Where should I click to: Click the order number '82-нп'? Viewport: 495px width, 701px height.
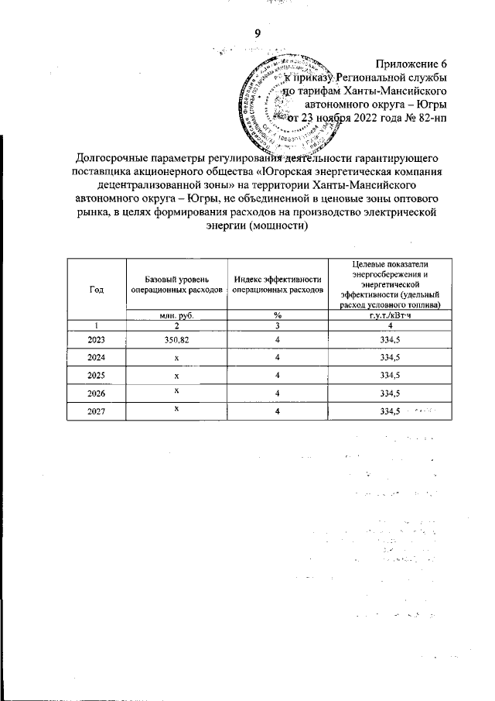(432, 119)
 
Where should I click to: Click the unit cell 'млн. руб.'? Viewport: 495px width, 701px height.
(176, 314)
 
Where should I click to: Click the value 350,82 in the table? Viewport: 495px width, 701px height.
(176, 340)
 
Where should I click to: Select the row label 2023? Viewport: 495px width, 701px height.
(97, 340)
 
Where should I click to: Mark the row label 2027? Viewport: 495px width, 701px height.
(97, 411)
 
